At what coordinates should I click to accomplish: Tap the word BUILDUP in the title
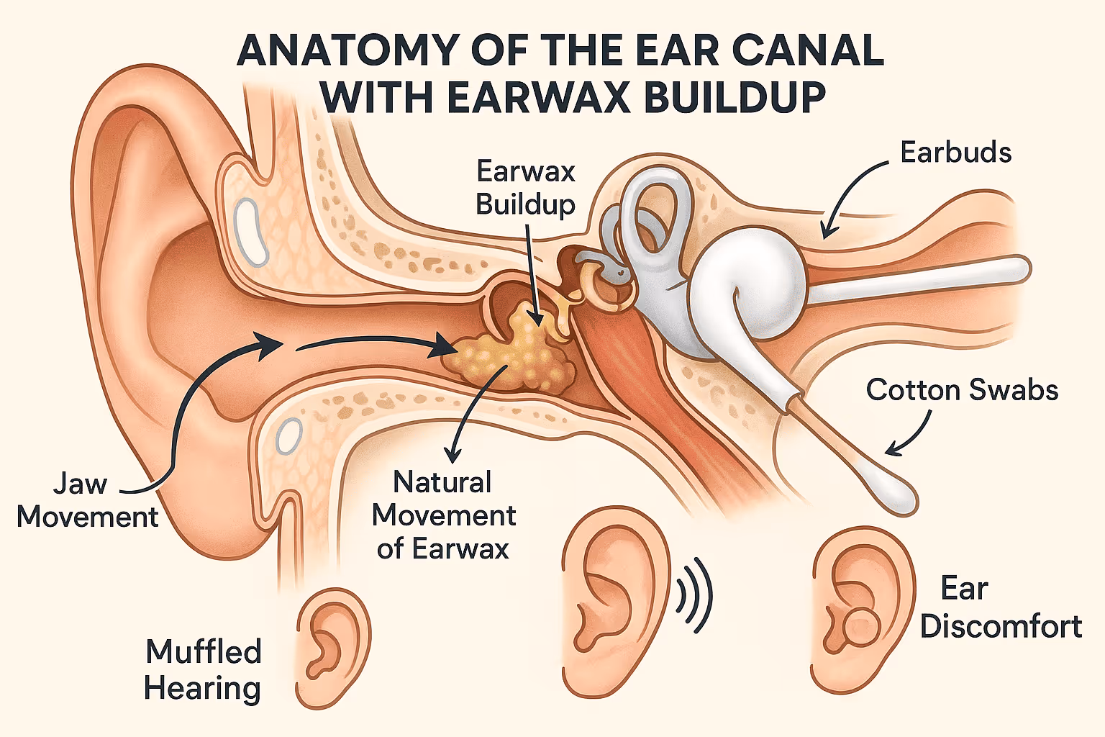pos(734,97)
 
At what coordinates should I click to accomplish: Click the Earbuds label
pos(955,153)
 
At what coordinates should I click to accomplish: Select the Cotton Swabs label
pos(962,390)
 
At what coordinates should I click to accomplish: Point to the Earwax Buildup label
pos(526,188)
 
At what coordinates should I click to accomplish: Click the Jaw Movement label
pos(86,500)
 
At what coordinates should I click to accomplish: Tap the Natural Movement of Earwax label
pos(444,515)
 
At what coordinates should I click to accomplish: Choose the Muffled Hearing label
pos(203,669)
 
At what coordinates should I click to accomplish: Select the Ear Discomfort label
pos(1000,607)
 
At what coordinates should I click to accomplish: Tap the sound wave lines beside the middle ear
pos(694,595)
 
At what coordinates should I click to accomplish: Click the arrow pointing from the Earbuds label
pos(849,194)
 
